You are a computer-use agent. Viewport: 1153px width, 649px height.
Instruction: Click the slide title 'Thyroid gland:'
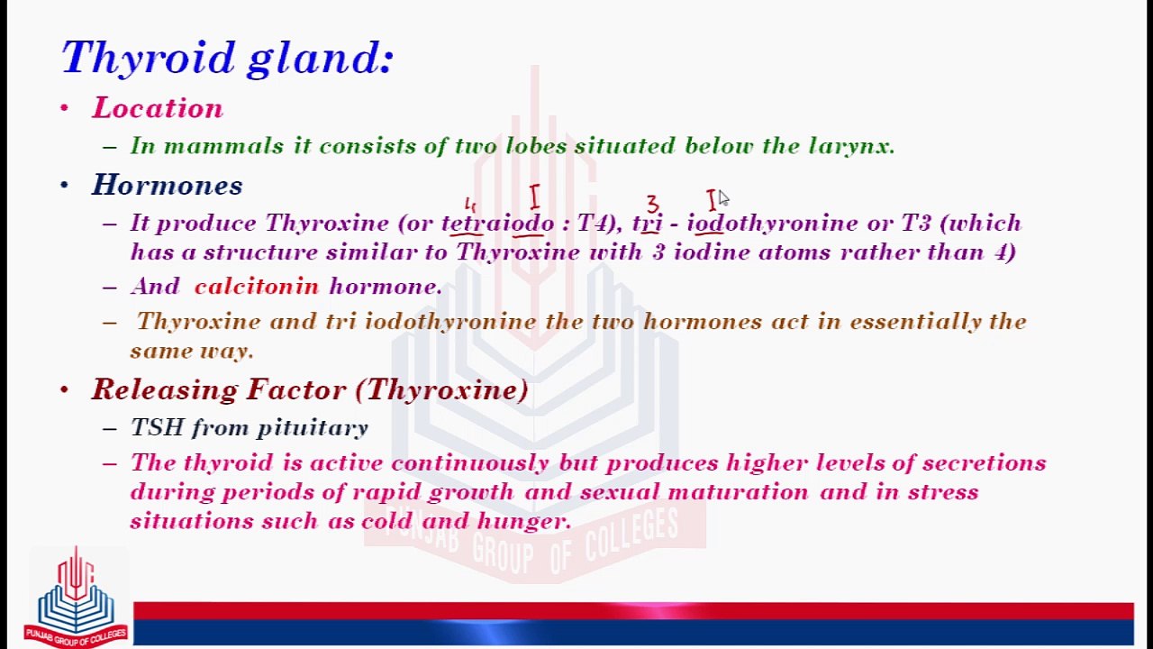point(227,58)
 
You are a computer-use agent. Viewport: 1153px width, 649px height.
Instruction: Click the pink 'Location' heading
point(158,108)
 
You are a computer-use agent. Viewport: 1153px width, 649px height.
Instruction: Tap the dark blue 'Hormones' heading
point(168,186)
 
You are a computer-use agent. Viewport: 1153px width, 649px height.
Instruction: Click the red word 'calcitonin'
point(257,287)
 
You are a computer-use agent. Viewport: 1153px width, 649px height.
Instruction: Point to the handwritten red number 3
point(652,205)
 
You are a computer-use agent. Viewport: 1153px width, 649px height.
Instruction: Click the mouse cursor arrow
point(723,198)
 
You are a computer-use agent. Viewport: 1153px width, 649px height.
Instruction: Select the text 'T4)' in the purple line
point(596,224)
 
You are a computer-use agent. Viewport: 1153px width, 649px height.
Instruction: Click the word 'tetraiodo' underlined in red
point(497,224)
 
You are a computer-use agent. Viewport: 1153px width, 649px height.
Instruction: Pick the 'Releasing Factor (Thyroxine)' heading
point(310,389)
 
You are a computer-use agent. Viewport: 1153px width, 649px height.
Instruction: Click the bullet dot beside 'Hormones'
point(64,186)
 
